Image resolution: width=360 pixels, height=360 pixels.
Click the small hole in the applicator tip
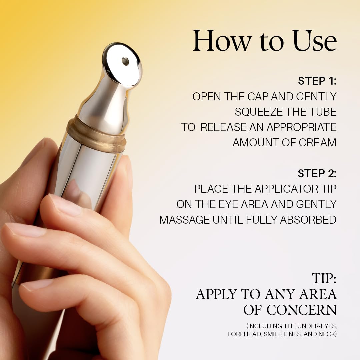point(125,62)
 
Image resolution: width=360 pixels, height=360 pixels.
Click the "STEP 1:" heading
point(317,81)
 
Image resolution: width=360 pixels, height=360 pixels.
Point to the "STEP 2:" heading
point(317,174)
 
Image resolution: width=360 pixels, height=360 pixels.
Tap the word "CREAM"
point(318,143)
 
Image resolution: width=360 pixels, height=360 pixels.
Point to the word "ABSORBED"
point(308,220)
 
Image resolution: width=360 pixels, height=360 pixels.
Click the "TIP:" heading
point(324,278)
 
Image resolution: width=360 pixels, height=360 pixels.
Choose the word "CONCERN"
point(301,310)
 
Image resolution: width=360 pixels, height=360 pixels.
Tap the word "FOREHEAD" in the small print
point(244,334)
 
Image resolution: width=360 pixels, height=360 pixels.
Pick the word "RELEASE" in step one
point(223,127)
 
